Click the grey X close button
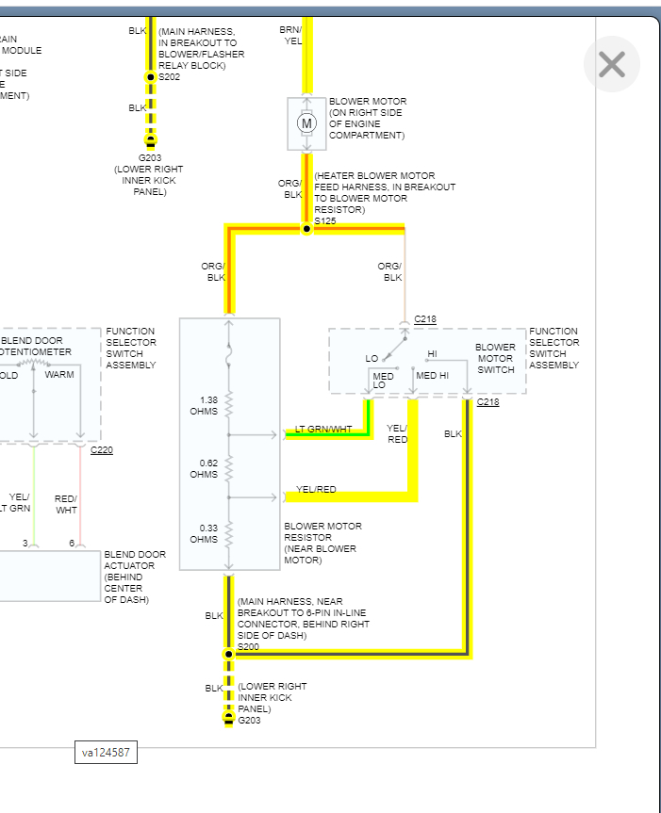click(x=612, y=64)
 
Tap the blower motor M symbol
click(x=306, y=122)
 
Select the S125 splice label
click(x=325, y=220)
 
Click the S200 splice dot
click(x=227, y=653)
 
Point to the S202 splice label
click(x=169, y=77)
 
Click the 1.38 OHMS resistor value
click(x=205, y=406)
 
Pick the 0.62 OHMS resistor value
click(x=205, y=468)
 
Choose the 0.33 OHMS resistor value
click(x=205, y=533)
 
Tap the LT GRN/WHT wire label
click(x=323, y=430)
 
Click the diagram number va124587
click(x=107, y=752)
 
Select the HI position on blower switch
click(x=432, y=354)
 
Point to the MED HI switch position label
click(x=433, y=375)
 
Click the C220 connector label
click(x=102, y=450)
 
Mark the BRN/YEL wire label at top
click(x=291, y=35)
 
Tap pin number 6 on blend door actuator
click(x=72, y=543)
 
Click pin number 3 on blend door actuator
click(x=25, y=543)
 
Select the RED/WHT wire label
click(x=66, y=504)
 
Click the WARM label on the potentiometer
click(x=59, y=374)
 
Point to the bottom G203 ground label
click(x=250, y=721)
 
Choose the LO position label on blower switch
click(x=372, y=358)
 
